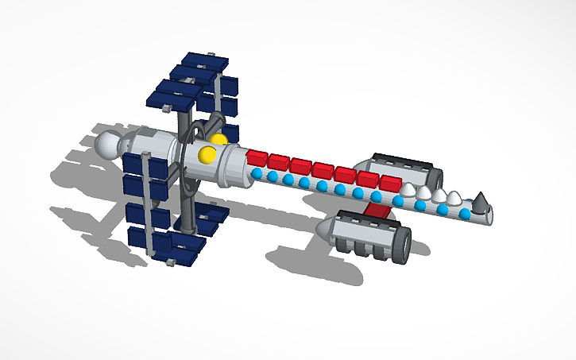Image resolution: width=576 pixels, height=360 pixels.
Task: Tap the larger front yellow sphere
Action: [x=207, y=153]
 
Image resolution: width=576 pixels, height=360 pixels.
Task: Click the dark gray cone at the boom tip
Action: [x=480, y=203]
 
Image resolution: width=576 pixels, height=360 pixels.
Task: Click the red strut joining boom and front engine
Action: [x=377, y=209]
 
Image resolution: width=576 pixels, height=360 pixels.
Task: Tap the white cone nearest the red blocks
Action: [x=409, y=188]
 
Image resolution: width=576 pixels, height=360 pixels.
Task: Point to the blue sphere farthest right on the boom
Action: [x=465, y=214]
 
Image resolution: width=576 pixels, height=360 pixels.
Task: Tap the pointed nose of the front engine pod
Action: [x=321, y=230]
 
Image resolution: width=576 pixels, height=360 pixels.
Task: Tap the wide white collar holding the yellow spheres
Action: [x=232, y=163]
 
